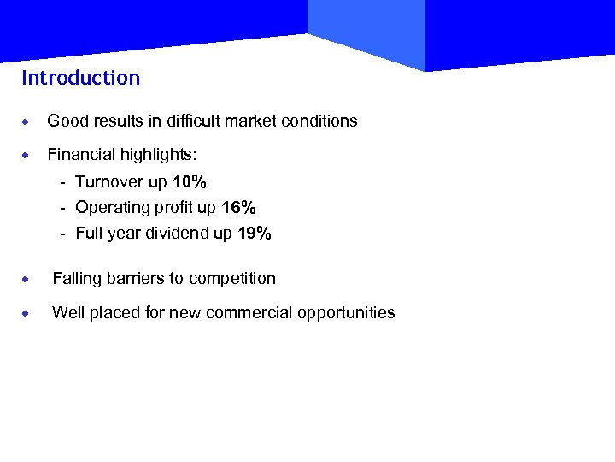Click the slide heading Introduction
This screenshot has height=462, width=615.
tap(80, 78)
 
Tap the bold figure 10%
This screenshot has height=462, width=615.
tap(190, 182)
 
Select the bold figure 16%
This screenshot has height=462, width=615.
tap(238, 208)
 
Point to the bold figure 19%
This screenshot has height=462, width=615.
tap(254, 234)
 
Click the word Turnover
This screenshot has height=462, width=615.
tap(108, 182)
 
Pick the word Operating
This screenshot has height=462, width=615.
tap(109, 208)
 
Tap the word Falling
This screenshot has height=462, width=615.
tap(77, 278)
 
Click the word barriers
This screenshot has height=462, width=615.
tap(134, 278)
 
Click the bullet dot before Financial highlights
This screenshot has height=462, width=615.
tap(27, 156)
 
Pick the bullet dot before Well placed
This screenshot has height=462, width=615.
tap(27, 313)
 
